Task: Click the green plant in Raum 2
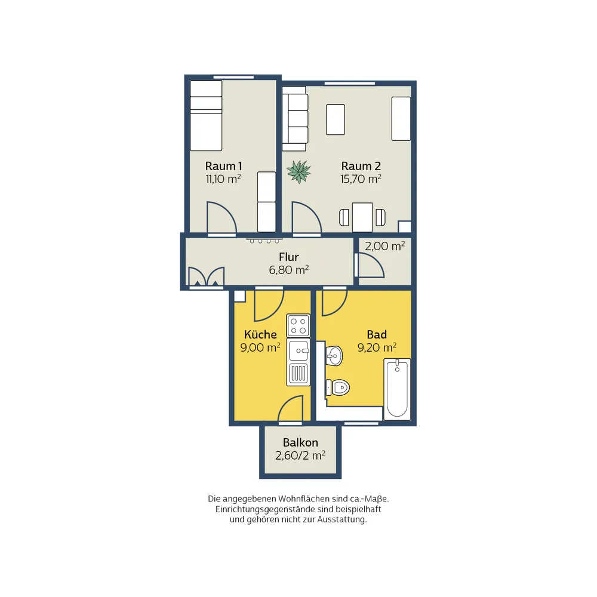298,172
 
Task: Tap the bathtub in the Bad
397,389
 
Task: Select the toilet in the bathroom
338,387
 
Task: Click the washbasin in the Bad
335,356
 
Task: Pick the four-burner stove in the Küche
298,325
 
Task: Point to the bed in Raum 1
206,115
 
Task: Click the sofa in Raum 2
295,119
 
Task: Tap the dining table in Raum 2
362,217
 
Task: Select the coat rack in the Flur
264,241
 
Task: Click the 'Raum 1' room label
223,166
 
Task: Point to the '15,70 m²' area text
361,179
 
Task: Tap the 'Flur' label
288,257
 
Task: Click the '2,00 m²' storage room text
385,246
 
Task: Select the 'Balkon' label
300,442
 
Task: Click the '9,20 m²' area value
377,347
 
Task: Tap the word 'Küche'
260,334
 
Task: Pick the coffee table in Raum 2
336,119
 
